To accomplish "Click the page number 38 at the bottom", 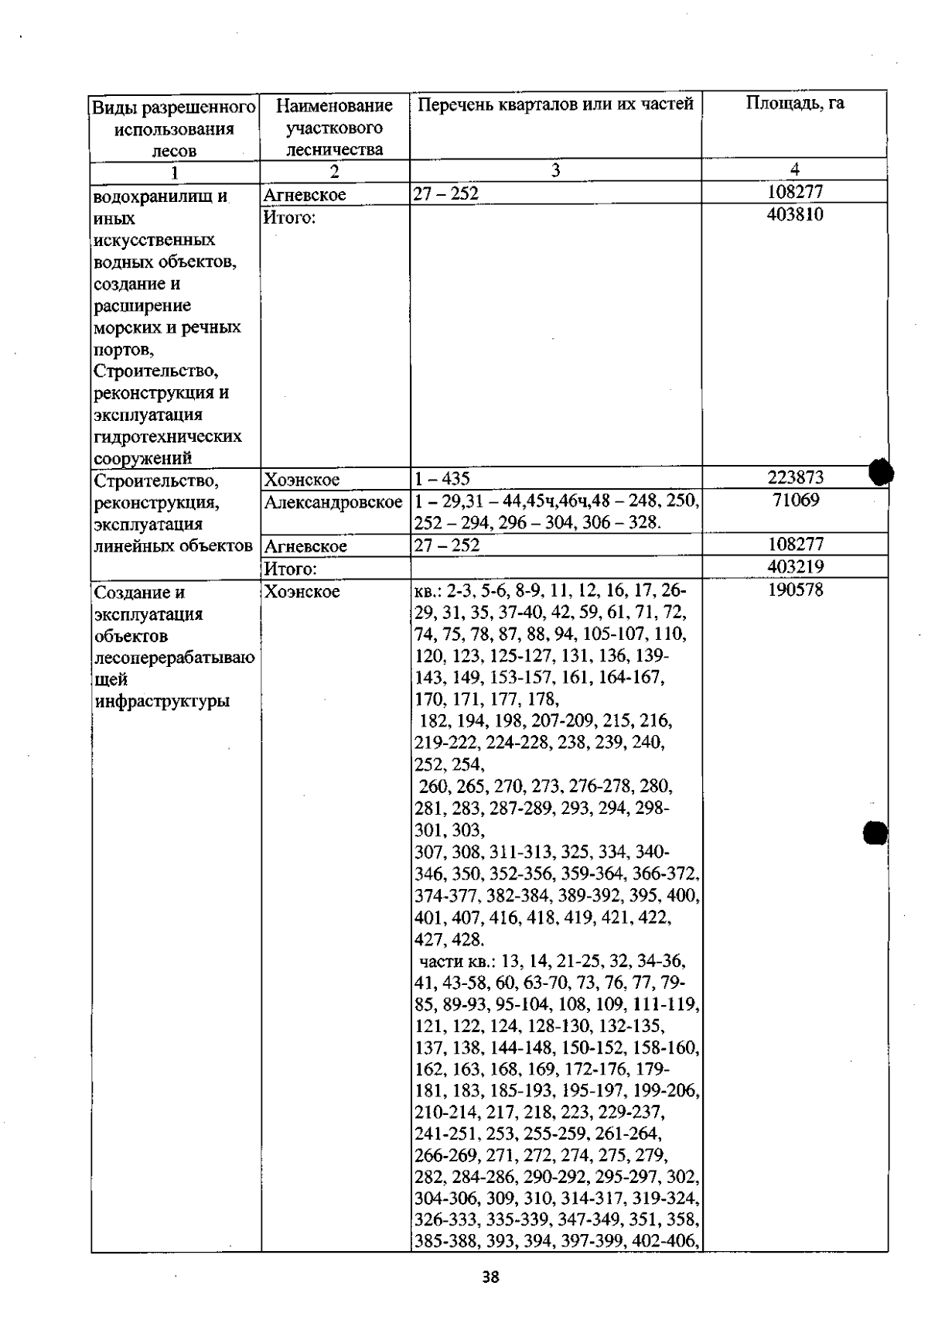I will (x=490, y=1277).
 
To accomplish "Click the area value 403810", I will (x=794, y=214).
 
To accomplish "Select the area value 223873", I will (x=794, y=478).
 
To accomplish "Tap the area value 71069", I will (x=795, y=500).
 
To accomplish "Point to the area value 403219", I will (x=794, y=566).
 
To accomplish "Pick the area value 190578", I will (x=795, y=590).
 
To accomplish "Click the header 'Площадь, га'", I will (x=794, y=104).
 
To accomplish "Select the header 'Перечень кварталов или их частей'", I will (x=555, y=104).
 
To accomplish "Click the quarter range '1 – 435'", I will (x=442, y=479).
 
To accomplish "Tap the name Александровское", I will (x=333, y=502).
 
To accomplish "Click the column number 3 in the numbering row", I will (x=555, y=170).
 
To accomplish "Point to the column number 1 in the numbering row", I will (x=175, y=172).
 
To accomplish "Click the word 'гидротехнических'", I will (x=168, y=436).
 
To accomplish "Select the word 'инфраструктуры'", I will (x=162, y=702).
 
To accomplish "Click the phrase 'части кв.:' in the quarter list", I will (x=458, y=962).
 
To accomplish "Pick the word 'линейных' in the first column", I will (x=128, y=546).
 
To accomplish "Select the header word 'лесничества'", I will (x=334, y=149).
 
